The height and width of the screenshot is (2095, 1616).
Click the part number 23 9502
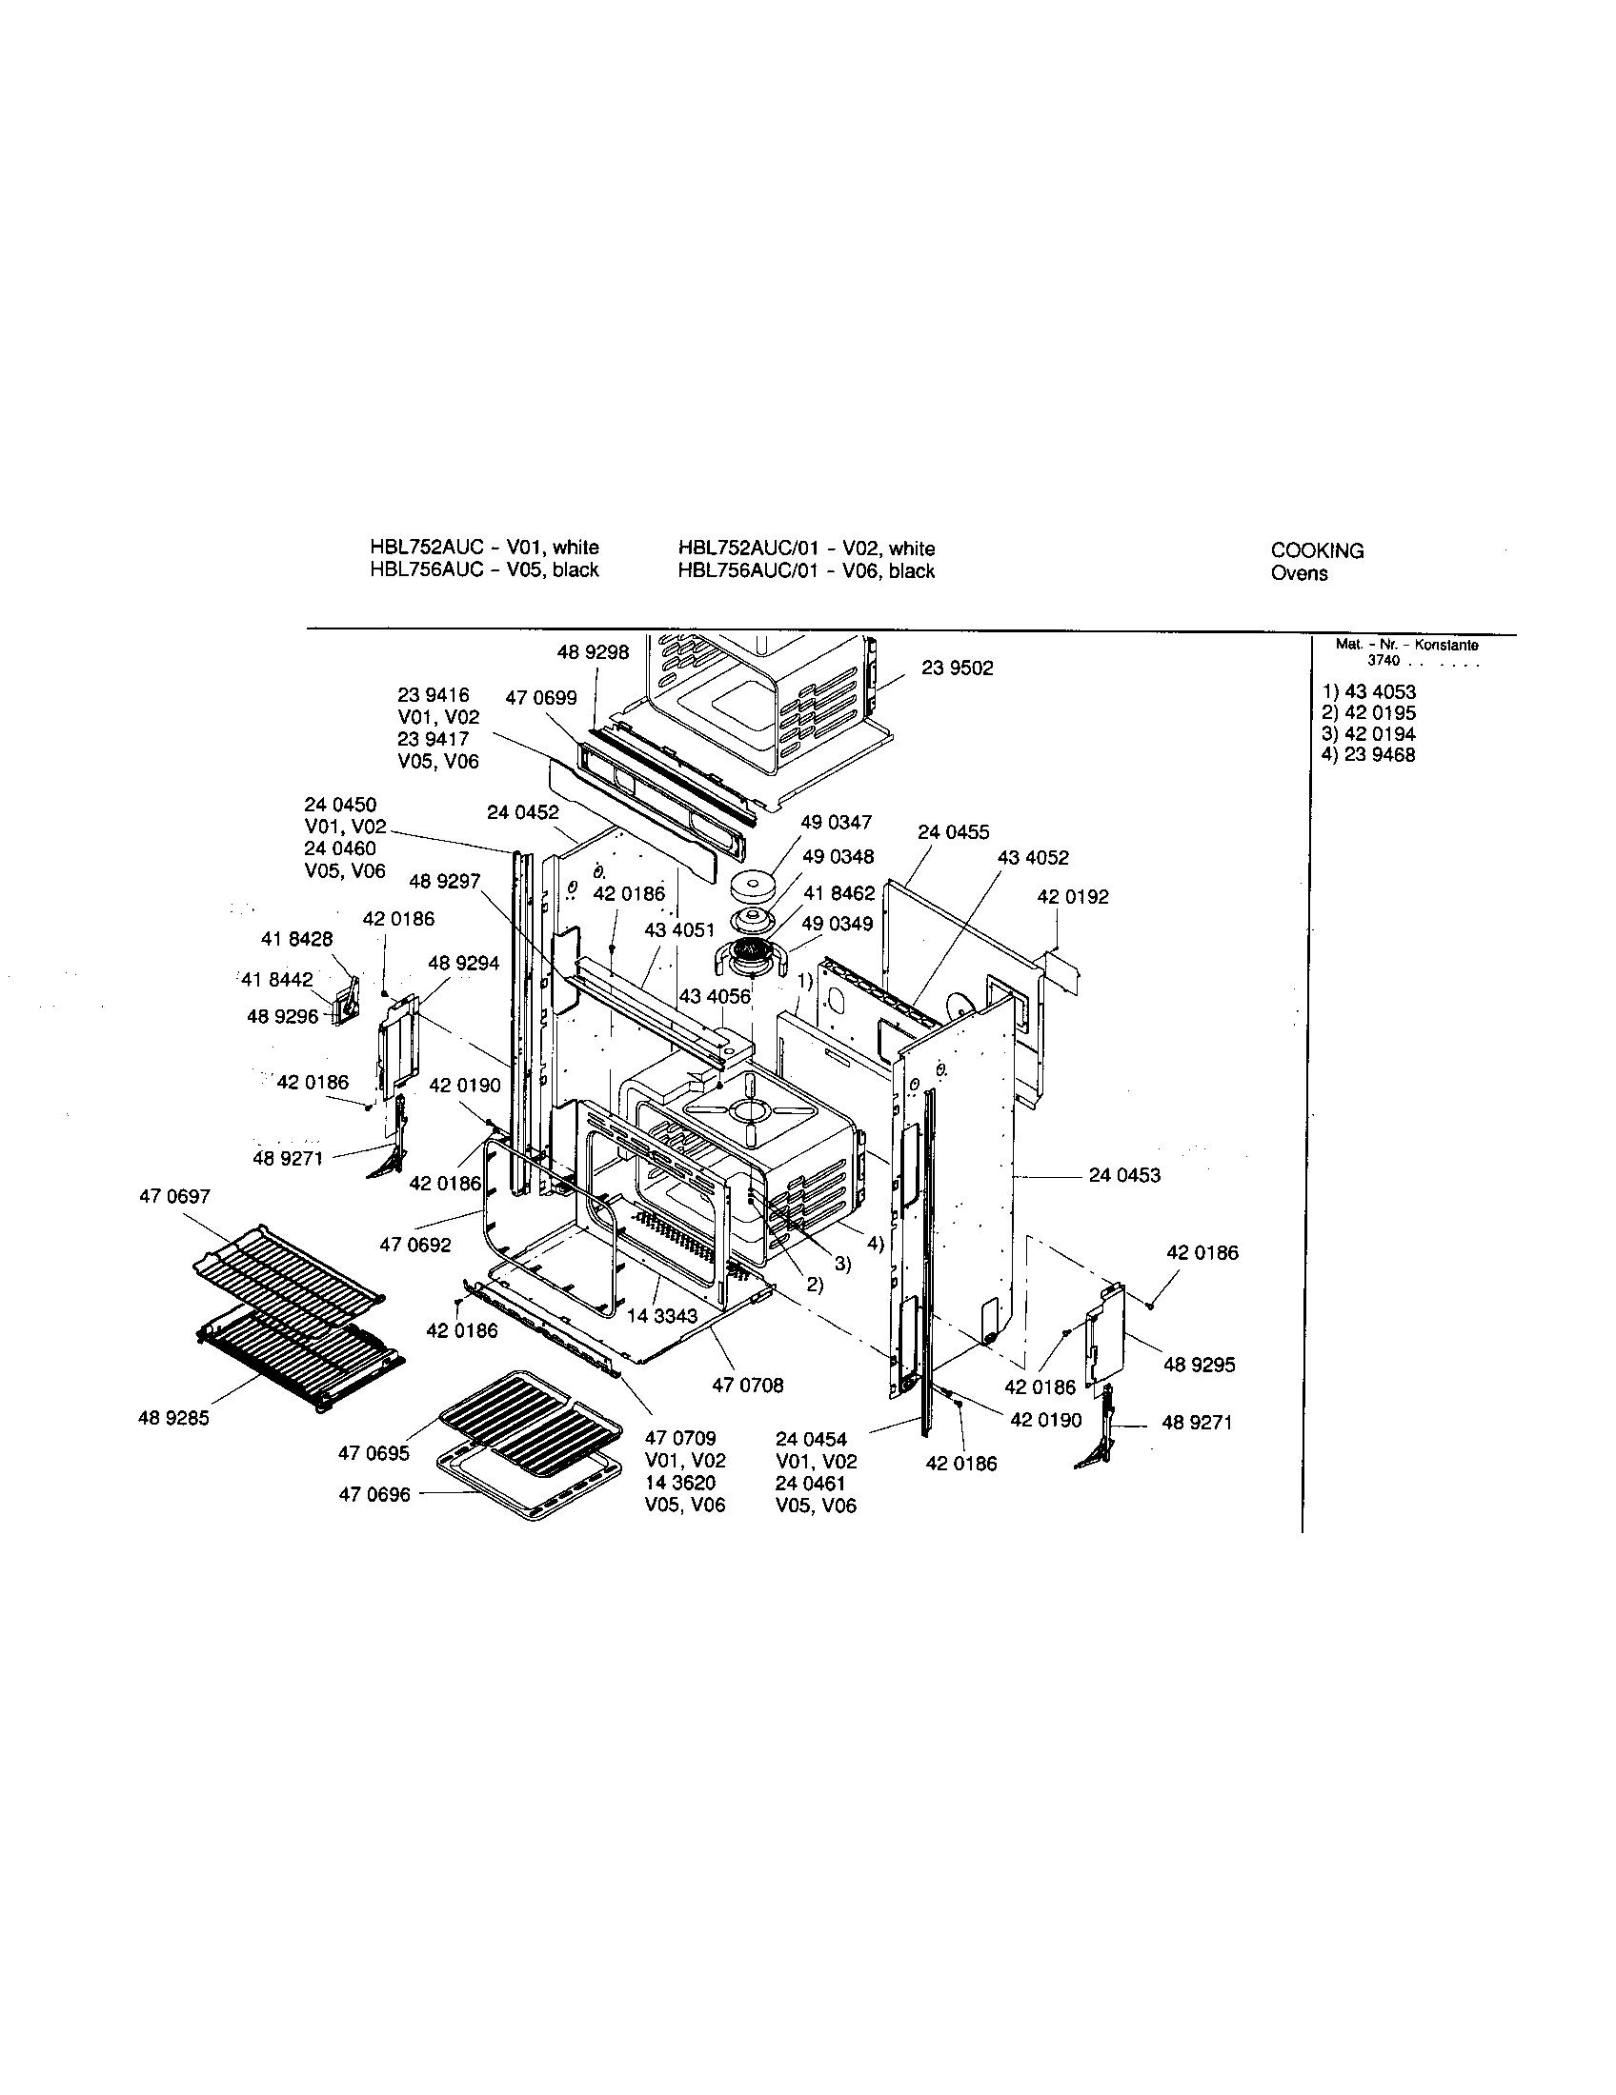pos(957,668)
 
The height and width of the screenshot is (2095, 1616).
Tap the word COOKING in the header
pos(1317,550)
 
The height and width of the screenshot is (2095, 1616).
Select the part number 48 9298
pos(592,652)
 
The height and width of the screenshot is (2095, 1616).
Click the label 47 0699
pos(541,698)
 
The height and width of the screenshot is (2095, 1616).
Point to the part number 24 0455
pos(953,831)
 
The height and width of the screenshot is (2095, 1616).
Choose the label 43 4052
pos(1033,858)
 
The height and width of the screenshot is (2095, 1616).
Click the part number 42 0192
pos(1072,897)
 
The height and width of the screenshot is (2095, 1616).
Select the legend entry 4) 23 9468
pos(1367,755)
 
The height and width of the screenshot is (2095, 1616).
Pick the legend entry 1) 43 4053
pos(1367,691)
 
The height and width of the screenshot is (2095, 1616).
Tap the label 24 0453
pos(1123,1175)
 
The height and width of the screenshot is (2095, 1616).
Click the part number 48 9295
pos(1199,1365)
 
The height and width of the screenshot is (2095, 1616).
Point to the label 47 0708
pos(748,1386)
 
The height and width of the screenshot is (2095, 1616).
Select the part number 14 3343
pos(662,1316)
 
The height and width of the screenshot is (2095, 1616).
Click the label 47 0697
pos(174,1196)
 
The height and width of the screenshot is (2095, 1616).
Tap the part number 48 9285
pos(173,1418)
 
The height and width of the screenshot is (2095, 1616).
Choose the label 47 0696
pos(374,1494)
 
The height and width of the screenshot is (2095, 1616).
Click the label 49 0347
pos(837,822)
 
